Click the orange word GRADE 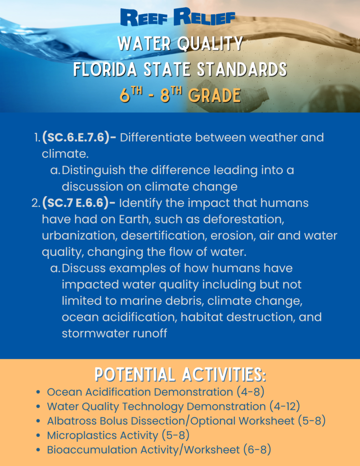click(214, 96)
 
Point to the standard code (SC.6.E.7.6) click(79, 137)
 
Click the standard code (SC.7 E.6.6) click(79, 203)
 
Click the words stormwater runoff click(114, 333)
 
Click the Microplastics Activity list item click(118, 436)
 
